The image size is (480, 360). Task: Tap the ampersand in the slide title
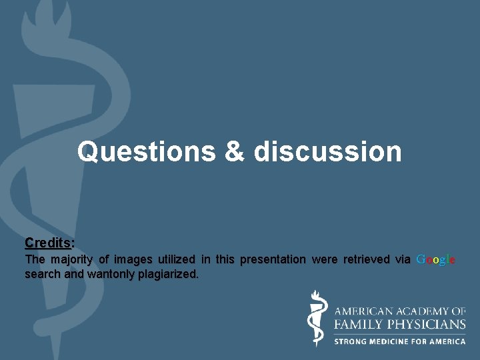235,152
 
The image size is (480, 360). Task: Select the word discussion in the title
327,152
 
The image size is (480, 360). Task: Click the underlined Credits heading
49,242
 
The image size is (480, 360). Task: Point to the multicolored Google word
436,259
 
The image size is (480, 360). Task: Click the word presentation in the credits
273,259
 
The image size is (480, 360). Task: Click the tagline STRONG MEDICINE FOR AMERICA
399,341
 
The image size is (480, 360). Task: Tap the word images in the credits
133,259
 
